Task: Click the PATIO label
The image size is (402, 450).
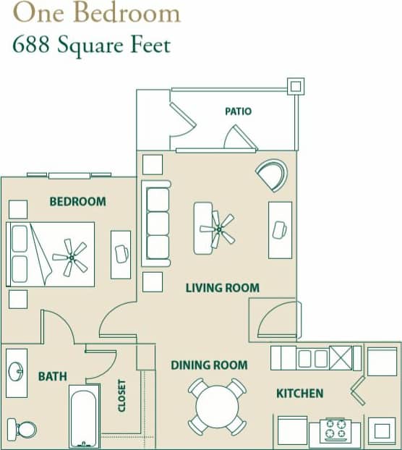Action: click(238, 111)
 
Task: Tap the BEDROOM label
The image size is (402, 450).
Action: click(77, 201)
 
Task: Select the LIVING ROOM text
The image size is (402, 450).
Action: click(222, 287)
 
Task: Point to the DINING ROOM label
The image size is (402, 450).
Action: click(209, 365)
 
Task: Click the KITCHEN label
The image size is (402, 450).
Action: click(299, 394)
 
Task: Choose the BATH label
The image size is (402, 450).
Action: click(53, 376)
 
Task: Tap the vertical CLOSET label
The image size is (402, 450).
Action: click(122, 396)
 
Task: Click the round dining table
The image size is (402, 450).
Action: click(217, 407)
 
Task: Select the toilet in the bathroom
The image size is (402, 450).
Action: click(23, 428)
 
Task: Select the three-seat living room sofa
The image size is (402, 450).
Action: click(158, 223)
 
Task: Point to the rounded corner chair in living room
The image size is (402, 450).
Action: click(272, 174)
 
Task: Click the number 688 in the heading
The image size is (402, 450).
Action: click(33, 45)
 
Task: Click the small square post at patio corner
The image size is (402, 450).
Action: click(295, 85)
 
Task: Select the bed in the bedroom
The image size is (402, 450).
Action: click(51, 253)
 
